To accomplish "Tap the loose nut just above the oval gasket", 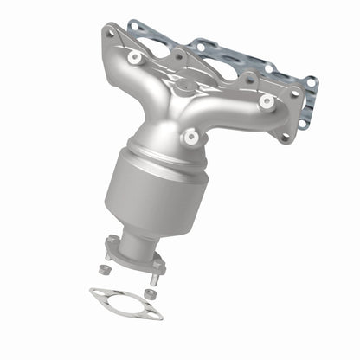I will tap(150, 293).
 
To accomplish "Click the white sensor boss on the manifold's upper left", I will tap(134, 57).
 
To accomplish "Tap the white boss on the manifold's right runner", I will tap(265, 101).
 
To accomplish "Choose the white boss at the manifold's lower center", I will tap(189, 136).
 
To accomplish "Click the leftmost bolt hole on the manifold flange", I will tap(109, 34).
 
